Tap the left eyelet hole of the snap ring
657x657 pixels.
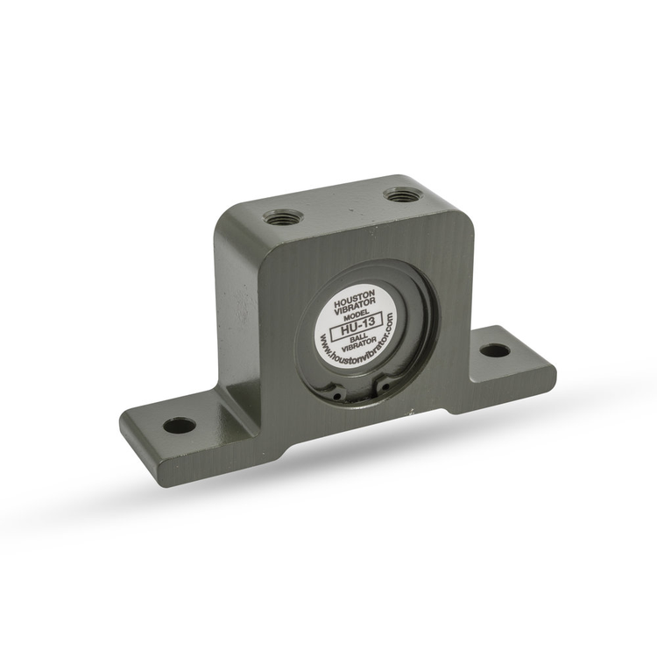(x=336, y=396)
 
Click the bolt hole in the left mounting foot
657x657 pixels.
(x=180, y=426)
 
